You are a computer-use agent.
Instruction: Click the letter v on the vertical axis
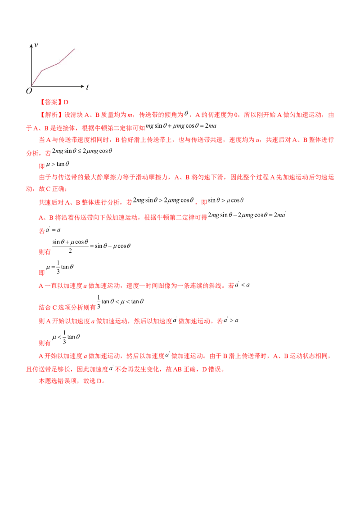point(36,45)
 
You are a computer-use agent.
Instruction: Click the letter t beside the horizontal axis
point(87,88)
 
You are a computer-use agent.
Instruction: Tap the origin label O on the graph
point(29,91)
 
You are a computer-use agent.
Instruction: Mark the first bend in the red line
point(42,71)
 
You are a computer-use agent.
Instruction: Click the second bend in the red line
point(59,63)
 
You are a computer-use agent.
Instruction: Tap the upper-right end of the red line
point(75,49)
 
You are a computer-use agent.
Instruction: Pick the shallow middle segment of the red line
point(50,67)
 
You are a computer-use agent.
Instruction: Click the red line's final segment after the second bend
point(67,56)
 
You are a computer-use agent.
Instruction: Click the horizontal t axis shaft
point(56,85)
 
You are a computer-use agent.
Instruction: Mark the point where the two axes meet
point(31,85)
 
